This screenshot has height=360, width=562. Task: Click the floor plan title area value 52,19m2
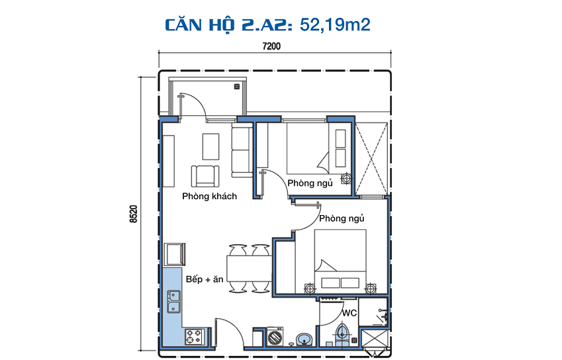tap(335, 25)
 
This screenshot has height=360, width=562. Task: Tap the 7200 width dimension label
tap(271, 46)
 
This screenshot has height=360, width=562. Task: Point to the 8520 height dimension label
tap(133, 214)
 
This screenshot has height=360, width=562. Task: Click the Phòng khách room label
tap(209, 197)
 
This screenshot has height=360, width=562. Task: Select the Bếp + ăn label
tap(205, 279)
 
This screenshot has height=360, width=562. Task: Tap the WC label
tap(349, 313)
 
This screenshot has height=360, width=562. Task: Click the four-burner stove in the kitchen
tap(194, 337)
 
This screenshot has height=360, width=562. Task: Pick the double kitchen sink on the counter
tap(173, 302)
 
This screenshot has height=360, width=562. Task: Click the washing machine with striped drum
tap(275, 337)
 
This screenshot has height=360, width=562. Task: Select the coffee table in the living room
tap(211, 146)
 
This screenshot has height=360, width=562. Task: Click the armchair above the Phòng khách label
tap(205, 176)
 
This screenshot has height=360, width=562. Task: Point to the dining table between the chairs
tap(249, 268)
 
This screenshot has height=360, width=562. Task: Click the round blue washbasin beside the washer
tap(304, 339)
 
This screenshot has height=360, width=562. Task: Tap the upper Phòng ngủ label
tap(310, 183)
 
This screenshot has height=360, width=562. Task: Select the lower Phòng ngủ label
tap(342, 218)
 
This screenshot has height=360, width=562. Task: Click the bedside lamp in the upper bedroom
tap(347, 178)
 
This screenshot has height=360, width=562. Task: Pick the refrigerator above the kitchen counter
tap(175, 254)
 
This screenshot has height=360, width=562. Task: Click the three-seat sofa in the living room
tap(242, 150)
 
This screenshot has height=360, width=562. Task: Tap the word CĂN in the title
tap(183, 25)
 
